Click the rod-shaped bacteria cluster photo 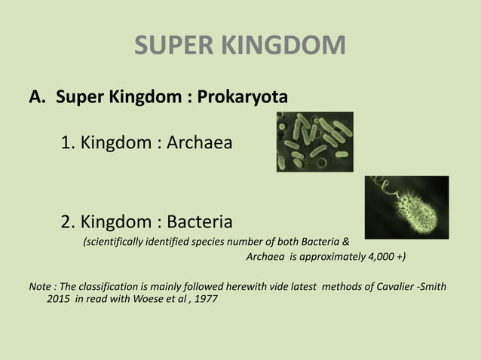point(314,141)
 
